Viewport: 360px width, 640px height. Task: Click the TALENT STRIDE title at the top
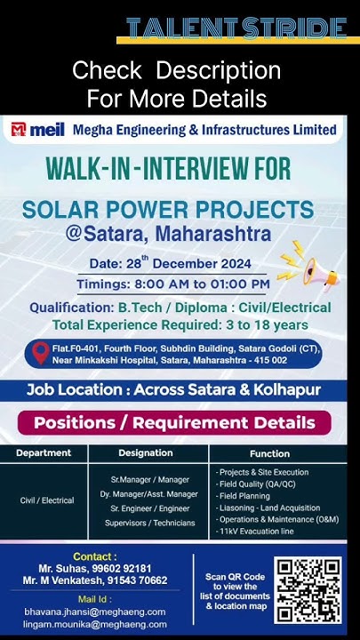[x=236, y=28]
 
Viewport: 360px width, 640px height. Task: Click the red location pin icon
[x=39, y=354]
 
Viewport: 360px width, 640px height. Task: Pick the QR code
[x=308, y=590]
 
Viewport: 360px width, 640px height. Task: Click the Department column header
[x=44, y=453]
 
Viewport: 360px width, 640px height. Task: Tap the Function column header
[x=269, y=453]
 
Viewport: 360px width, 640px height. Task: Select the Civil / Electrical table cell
[x=47, y=500]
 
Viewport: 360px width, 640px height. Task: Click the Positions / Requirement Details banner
[x=180, y=422]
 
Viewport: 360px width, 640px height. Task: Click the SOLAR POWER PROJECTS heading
[x=168, y=210]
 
